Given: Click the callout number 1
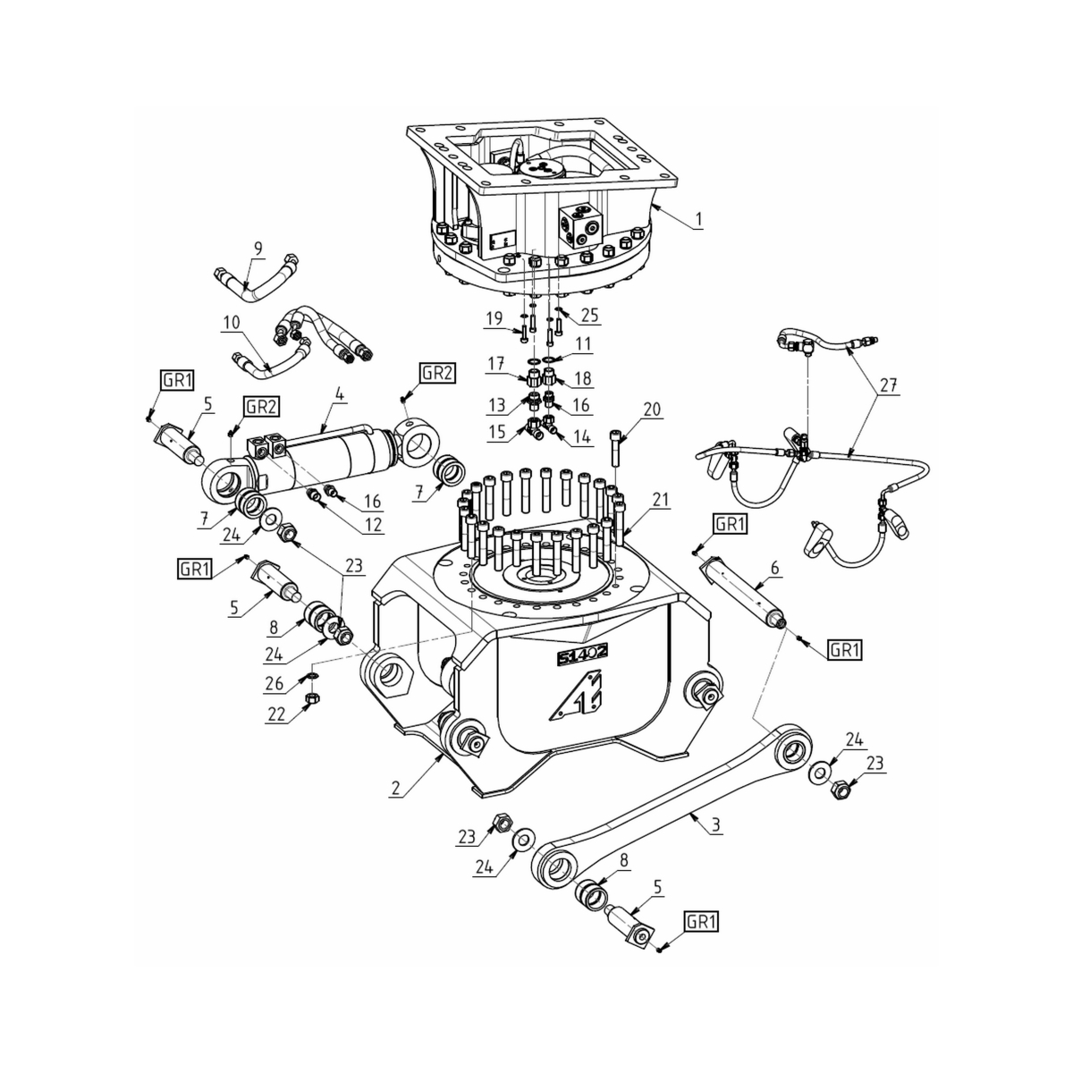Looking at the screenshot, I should (698, 217).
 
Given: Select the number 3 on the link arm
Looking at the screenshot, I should (715, 825).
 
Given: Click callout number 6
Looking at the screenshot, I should (774, 567).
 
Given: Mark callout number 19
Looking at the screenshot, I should (494, 318).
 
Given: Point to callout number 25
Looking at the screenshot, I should (589, 315).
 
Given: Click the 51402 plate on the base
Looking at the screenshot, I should (582, 656).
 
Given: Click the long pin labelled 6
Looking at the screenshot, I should (742, 591).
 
